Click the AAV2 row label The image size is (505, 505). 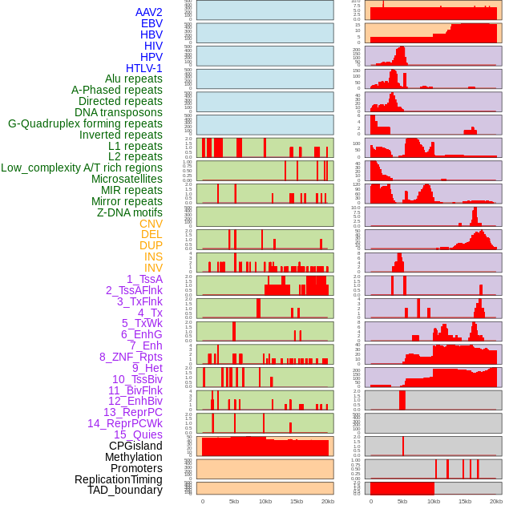[x=148, y=12]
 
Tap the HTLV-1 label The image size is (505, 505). [x=143, y=68]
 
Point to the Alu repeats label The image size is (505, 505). [x=133, y=79]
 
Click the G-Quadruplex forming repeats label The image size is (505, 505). [x=85, y=123]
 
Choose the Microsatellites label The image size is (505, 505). [x=127, y=179]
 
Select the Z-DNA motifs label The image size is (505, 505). [x=129, y=212]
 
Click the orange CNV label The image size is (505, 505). [x=151, y=224]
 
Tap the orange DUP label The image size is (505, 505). [x=151, y=245]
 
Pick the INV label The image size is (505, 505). [x=153, y=268]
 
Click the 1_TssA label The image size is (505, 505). [x=144, y=279]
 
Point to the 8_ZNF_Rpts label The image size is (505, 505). [x=131, y=357]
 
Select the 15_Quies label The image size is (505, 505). [x=138, y=434]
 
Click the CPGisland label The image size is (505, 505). [x=135, y=446]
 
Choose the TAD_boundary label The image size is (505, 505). [x=124, y=490]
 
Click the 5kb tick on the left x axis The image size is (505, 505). [x=234, y=501]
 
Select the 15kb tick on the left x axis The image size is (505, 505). [x=297, y=501]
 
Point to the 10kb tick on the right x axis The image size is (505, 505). [x=434, y=501]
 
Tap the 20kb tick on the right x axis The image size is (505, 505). [x=496, y=501]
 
